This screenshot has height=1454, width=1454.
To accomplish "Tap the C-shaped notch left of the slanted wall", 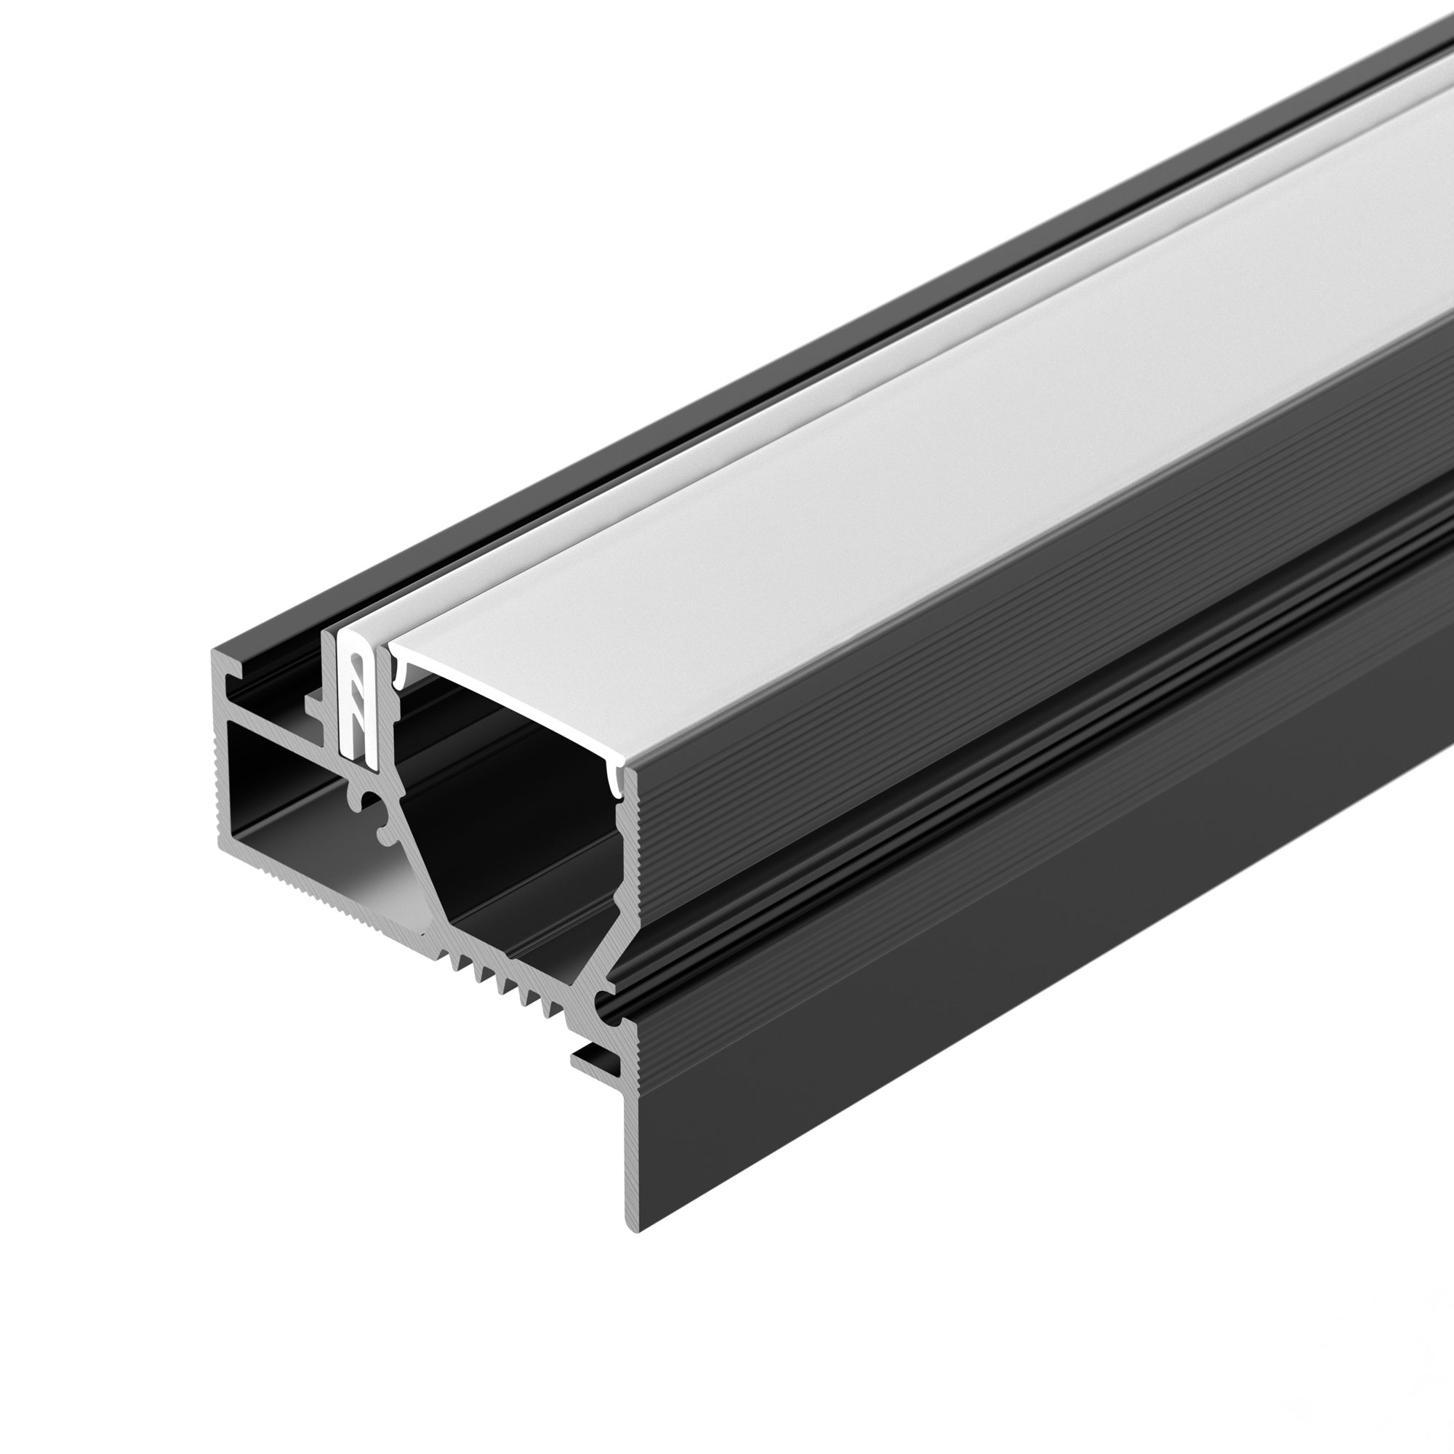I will (380, 820).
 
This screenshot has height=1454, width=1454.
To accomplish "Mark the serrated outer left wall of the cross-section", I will (221, 790).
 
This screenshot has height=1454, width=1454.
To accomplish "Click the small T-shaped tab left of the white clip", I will (316, 703).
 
